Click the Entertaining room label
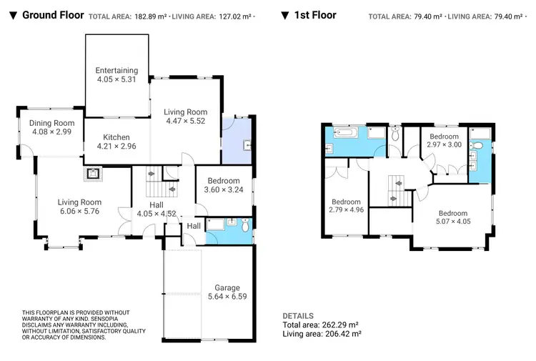click(117, 70)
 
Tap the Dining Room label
click(51, 123)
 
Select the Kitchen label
click(116, 137)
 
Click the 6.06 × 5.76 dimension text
click(80, 212)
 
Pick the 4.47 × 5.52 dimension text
click(185, 122)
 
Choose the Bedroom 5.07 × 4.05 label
click(452, 213)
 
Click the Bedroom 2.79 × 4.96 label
click(346, 201)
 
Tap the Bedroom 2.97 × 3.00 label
click(444, 136)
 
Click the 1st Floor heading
click(314, 14)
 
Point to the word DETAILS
click(298, 315)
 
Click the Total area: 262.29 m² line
click(322, 325)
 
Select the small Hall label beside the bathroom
click(194, 226)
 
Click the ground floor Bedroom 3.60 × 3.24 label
click(224, 181)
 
